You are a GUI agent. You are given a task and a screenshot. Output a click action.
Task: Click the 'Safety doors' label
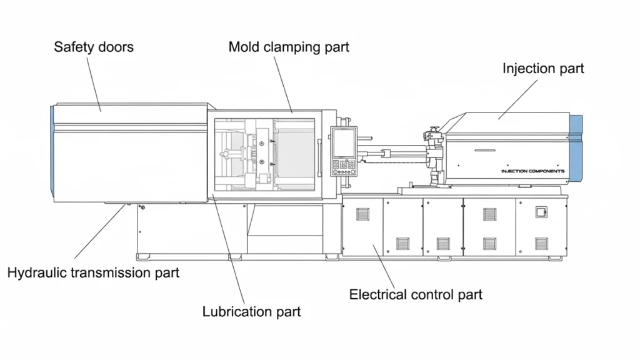point(94,47)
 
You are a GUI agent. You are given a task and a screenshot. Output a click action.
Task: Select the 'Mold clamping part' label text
point(289,47)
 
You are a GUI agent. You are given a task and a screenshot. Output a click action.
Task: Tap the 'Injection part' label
point(543,68)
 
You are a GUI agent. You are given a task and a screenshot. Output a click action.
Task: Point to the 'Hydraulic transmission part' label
point(93,272)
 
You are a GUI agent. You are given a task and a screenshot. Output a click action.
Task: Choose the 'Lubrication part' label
point(251,311)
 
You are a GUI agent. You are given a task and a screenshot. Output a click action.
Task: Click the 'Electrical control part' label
point(416,294)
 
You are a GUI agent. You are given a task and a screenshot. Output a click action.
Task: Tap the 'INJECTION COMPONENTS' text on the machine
point(532,171)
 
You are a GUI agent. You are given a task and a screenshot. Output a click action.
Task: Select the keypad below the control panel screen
point(343,166)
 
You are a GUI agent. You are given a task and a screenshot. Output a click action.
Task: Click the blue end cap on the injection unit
point(576,150)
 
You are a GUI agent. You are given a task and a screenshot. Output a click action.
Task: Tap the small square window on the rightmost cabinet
point(541,213)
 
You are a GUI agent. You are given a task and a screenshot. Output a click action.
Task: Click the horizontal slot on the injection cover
point(489,151)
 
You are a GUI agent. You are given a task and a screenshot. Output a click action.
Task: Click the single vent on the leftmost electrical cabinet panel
point(363,215)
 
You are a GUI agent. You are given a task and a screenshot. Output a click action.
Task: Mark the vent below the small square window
point(541,243)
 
